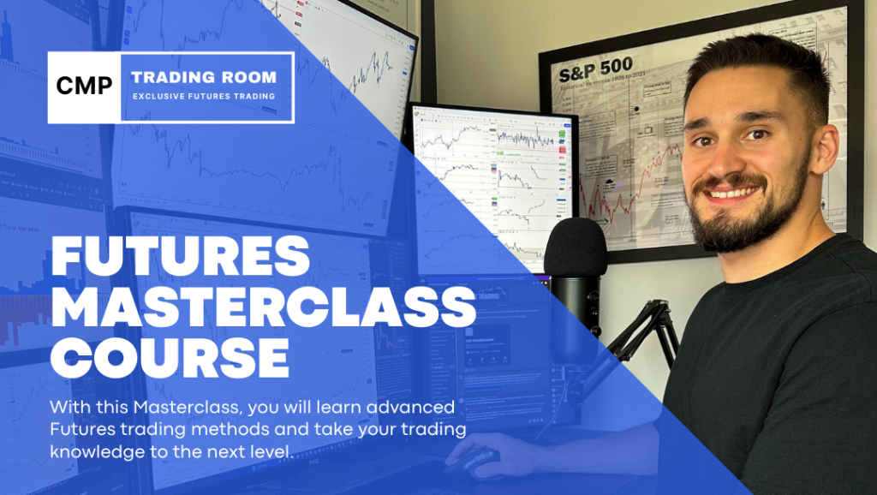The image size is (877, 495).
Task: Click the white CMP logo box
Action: pyautogui.click(x=84, y=86)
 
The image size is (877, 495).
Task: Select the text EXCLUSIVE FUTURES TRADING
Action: pyautogui.click(x=204, y=97)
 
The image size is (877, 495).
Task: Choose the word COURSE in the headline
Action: pyautogui.click(x=170, y=358)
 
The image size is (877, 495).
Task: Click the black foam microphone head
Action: pyautogui.click(x=576, y=247)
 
